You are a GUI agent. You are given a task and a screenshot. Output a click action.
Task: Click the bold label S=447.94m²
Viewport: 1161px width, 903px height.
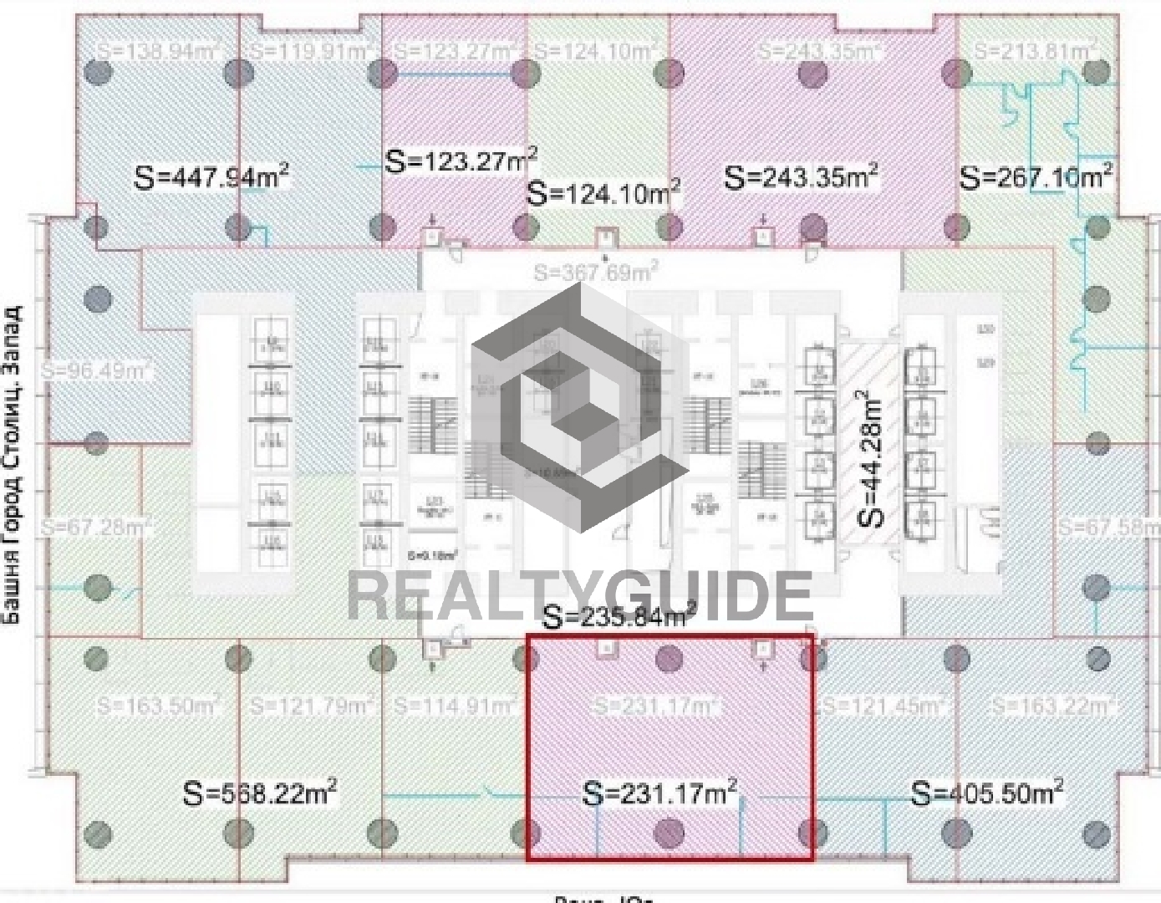[212, 177]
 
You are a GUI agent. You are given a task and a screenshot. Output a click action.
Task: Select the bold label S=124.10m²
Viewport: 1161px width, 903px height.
[603, 193]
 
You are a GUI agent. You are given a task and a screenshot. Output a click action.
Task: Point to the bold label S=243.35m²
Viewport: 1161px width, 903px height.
[801, 177]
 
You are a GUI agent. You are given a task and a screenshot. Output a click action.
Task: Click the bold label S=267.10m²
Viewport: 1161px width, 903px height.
[1036, 177]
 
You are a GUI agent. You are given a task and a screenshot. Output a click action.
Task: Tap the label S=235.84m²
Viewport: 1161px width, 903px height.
[619, 616]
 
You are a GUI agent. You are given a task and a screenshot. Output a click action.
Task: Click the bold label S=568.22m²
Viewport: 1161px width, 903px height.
[260, 792]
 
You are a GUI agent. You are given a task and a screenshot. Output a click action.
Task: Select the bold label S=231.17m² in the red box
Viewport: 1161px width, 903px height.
[660, 792]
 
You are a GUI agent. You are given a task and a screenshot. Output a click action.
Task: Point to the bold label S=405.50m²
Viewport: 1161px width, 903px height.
[987, 792]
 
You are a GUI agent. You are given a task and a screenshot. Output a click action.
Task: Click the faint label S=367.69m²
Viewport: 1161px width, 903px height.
[596, 272]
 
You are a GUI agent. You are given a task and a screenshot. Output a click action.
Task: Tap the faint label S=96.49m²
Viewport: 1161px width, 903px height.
[96, 369]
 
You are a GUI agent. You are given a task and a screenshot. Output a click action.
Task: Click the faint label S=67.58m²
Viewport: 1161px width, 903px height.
[1108, 528]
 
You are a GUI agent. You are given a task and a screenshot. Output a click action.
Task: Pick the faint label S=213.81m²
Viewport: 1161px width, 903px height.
[1035, 51]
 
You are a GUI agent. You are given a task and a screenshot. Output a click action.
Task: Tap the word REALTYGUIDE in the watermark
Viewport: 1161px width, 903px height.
[579, 595]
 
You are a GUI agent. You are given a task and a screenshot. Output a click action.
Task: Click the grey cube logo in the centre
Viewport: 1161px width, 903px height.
[579, 407]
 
